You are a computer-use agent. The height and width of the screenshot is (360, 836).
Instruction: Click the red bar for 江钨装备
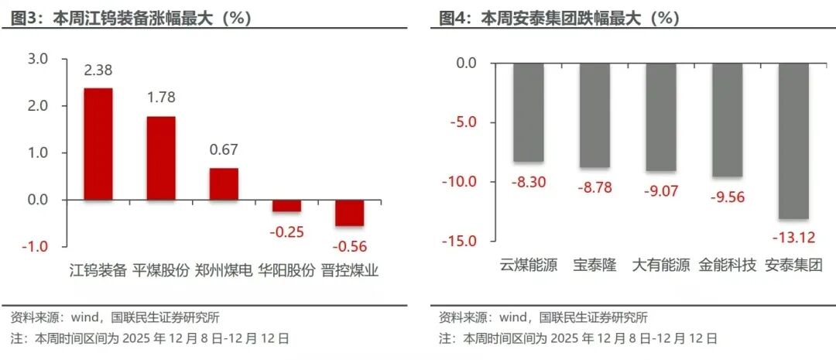point(98,144)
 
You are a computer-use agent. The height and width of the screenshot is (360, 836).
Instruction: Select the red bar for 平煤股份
point(161,158)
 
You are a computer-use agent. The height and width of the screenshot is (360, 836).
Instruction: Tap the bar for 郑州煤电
point(224,184)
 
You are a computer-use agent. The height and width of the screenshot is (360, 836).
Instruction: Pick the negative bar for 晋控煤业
point(349,213)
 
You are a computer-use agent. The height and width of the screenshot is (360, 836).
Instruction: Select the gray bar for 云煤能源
point(529,112)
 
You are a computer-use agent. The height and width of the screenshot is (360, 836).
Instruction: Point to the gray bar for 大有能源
point(661,117)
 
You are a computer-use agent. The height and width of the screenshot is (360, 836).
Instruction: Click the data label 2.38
point(98,70)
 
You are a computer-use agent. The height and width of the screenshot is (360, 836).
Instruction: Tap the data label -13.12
point(793,237)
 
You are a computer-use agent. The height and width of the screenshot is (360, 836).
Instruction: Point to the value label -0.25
point(286,231)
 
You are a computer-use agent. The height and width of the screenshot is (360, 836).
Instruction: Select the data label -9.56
point(727,197)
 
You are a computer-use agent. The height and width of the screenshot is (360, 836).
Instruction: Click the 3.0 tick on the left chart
point(38,59)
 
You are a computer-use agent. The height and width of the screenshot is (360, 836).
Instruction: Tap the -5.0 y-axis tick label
point(463,122)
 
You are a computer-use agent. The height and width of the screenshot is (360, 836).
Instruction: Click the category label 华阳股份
point(286,270)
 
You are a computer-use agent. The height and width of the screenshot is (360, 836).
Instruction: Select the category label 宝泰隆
point(594,265)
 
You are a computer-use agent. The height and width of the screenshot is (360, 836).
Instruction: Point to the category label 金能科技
point(727,265)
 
